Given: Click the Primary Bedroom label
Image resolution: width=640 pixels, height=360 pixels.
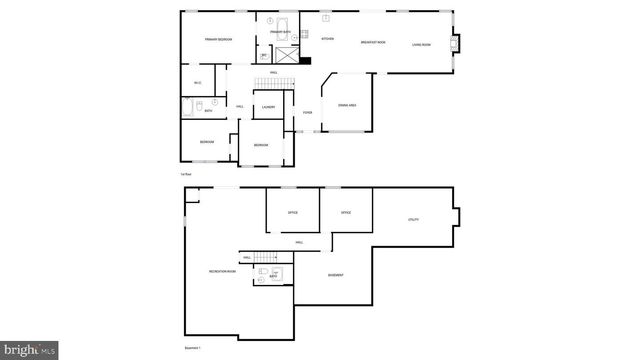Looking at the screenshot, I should point(219,39).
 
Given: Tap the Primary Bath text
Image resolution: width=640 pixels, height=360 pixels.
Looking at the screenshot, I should point(280,32).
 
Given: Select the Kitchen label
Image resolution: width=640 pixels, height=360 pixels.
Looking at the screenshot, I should point(327,39).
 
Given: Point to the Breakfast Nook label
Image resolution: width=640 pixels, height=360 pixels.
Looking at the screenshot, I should point(374,42).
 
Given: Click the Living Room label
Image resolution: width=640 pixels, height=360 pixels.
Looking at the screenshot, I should point(421,44).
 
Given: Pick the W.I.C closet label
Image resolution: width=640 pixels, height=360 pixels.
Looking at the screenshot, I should point(198,82).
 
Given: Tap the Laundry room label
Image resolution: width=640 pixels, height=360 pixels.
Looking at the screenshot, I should point(268,107).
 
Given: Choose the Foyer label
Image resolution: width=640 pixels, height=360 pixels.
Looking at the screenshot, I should point(308,113).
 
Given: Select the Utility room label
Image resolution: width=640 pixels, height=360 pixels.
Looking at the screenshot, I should point(413,219).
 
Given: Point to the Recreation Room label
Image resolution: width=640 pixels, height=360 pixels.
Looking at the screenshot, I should point(222,272).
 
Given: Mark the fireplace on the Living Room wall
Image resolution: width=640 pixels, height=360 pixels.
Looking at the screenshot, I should point(457,43).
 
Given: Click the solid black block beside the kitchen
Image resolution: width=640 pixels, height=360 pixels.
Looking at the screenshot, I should point(305,60).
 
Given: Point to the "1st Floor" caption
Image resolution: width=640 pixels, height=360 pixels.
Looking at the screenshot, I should point(185,175).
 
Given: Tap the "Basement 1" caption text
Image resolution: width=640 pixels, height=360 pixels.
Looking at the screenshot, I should point(192,348).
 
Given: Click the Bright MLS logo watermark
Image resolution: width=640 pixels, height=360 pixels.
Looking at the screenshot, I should point(29,350).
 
